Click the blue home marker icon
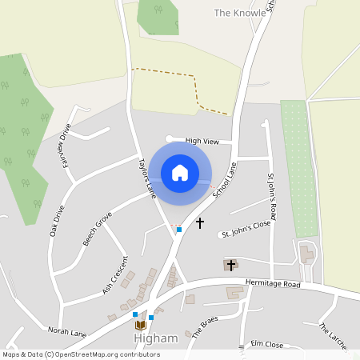pyautogui.click(x=180, y=173)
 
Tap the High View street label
pyautogui.click(x=202, y=142)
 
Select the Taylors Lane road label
pyautogui.click(x=146, y=175)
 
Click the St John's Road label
pyautogui.click(x=272, y=196)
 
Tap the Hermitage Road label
pyautogui.click(x=273, y=284)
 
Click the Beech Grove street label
pyautogui.click(x=98, y=229)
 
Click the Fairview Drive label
pyautogui.click(x=62, y=142)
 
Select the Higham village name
pyautogui.click(x=155, y=338)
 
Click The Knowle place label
pyautogui.click(x=238, y=13)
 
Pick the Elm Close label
pyautogui.click(x=267, y=344)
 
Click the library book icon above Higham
pyautogui.click(x=141, y=325)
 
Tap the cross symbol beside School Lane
pyautogui.click(x=200, y=222)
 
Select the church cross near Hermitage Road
pyautogui.click(x=230, y=264)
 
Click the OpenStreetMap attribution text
pyautogui.click(x=81, y=354)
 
